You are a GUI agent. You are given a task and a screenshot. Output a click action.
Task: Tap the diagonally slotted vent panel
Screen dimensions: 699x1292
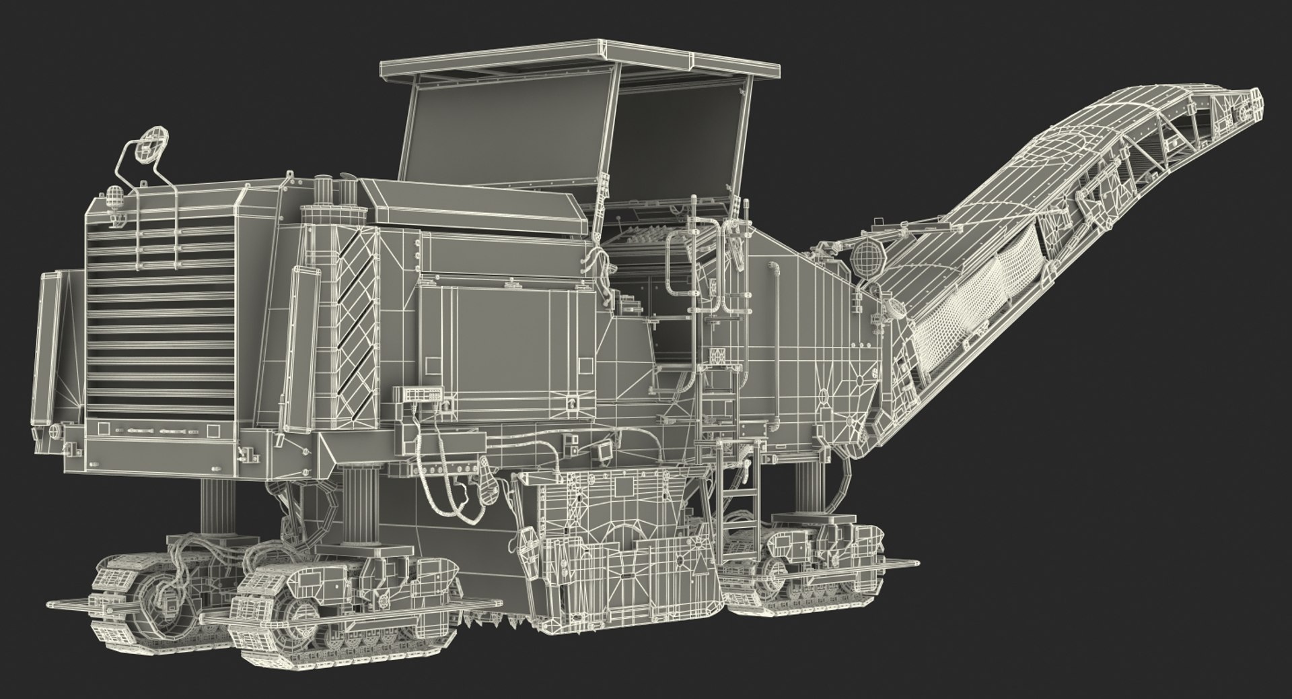click(355, 317)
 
